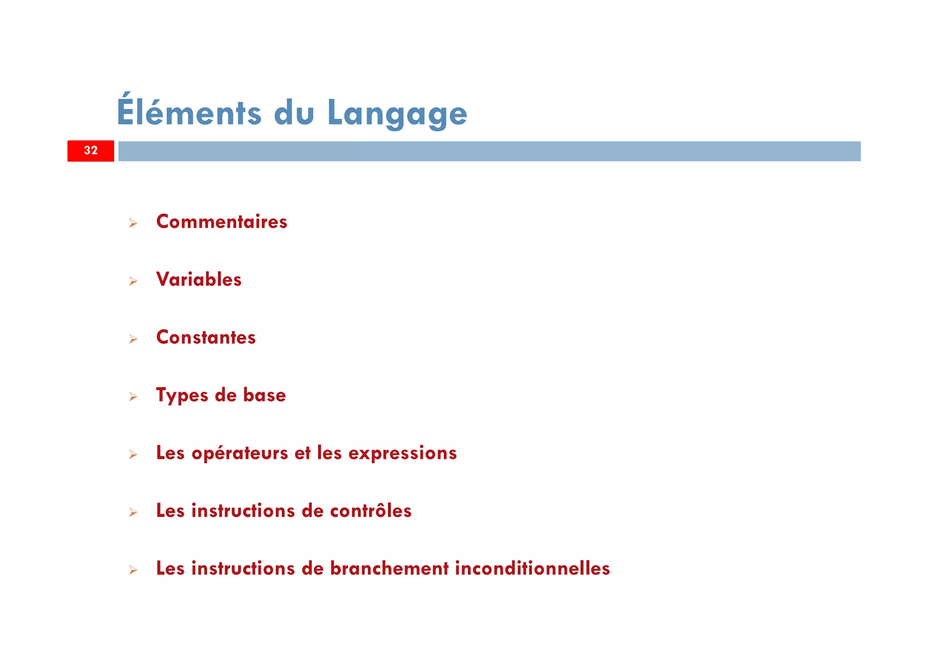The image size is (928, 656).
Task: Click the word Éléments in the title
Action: [x=189, y=112]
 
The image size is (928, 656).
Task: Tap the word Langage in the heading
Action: [x=397, y=113]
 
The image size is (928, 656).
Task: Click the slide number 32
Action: [x=91, y=151]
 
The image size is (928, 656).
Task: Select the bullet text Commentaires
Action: [x=222, y=222]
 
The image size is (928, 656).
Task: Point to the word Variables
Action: [x=199, y=279]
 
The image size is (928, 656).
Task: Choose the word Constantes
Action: [x=206, y=337]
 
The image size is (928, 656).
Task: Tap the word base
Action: [x=265, y=395]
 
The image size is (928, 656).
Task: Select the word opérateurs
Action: [x=240, y=453]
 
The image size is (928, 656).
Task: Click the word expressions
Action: [x=402, y=453]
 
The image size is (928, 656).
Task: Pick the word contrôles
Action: [x=371, y=511]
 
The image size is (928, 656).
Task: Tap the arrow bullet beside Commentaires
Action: [x=133, y=223]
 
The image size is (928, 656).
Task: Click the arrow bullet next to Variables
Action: [x=133, y=281]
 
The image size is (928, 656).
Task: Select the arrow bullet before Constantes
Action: [x=133, y=339]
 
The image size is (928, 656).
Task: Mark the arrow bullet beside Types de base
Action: [x=133, y=397]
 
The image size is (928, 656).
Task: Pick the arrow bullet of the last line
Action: [x=133, y=570]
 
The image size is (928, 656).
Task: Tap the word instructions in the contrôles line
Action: [x=243, y=511]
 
